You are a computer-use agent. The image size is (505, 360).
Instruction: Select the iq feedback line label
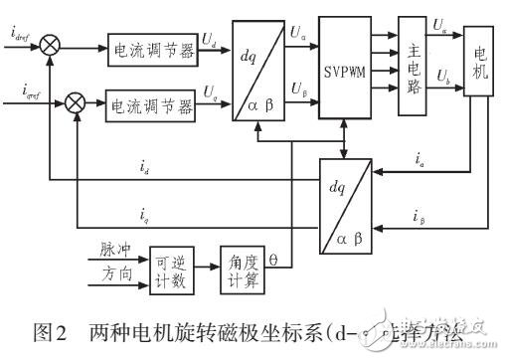click(x=145, y=211)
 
